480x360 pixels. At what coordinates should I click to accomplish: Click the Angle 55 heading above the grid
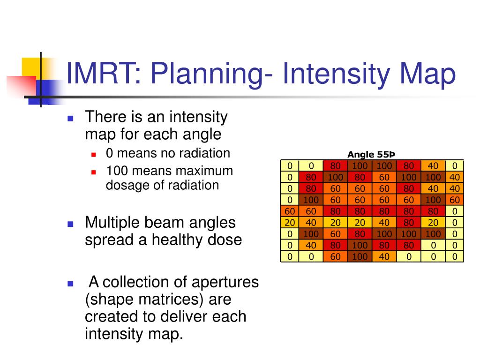click(x=371, y=155)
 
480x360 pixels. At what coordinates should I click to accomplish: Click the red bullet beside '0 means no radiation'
click(x=94, y=155)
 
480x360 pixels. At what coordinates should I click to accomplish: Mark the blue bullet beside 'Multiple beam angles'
click(x=70, y=224)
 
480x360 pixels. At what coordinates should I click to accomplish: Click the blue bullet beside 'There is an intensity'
click(x=70, y=119)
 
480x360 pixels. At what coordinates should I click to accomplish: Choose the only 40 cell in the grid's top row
click(x=433, y=166)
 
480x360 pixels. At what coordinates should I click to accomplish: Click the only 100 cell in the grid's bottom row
click(x=360, y=256)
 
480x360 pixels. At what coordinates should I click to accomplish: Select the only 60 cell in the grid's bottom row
click(x=335, y=256)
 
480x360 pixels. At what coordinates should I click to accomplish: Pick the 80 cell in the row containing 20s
click(x=409, y=223)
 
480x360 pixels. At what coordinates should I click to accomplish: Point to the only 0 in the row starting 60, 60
click(x=455, y=211)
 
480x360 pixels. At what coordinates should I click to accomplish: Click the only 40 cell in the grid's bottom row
click(x=384, y=256)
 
